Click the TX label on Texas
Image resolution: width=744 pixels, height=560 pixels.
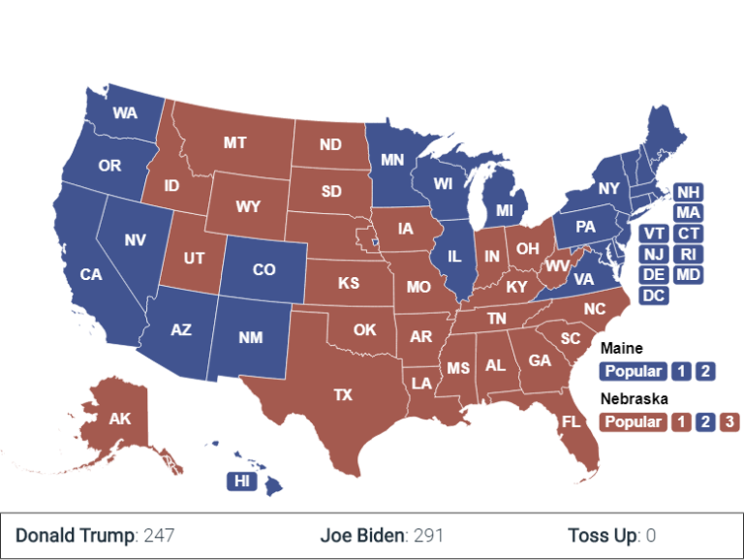click(x=343, y=395)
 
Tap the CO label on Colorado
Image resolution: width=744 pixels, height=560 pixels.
click(x=264, y=270)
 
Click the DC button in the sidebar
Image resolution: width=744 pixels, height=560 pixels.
click(x=654, y=296)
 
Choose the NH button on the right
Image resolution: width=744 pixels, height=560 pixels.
click(x=689, y=192)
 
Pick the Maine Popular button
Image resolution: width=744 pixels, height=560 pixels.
click(x=634, y=371)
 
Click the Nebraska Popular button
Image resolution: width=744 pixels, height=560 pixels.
click(x=634, y=421)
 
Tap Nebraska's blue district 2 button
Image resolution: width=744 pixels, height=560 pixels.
click(x=706, y=421)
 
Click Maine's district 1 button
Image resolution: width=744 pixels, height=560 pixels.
click(x=682, y=371)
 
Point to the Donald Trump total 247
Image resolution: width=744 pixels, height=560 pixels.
click(x=158, y=535)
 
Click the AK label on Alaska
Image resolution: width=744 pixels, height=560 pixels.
click(x=120, y=420)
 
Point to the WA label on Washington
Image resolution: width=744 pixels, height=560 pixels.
click(x=124, y=113)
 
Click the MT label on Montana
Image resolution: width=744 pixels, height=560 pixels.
click(x=234, y=142)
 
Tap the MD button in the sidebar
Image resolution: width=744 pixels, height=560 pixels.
click(x=689, y=274)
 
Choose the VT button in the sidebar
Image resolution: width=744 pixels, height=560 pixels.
click(x=654, y=233)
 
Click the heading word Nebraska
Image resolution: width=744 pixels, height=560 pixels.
click(x=634, y=398)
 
